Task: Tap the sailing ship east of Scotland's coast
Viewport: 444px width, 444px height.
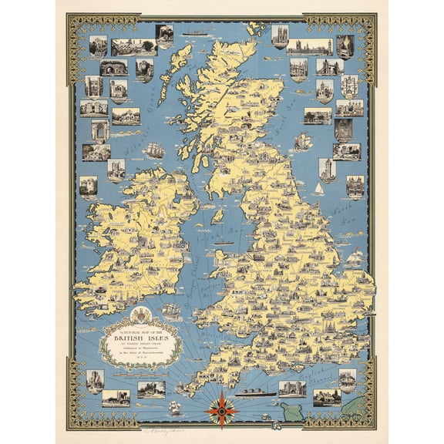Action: pos(303,140)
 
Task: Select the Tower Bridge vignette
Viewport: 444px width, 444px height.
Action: pos(329,67)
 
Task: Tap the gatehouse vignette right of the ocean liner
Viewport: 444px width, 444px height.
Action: pos(292,388)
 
